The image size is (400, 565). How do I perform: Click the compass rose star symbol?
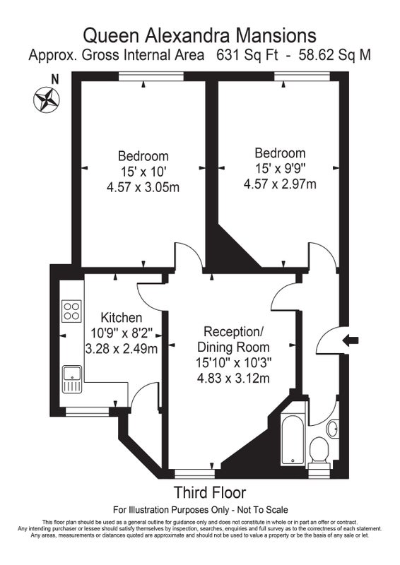pyautogui.click(x=47, y=99)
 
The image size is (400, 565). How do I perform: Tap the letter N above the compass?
pyautogui.click(x=55, y=79)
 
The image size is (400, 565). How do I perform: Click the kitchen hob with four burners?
pyautogui.click(x=72, y=311)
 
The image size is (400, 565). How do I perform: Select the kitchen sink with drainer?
pyautogui.click(x=72, y=379)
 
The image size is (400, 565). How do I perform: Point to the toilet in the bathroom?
pyautogui.click(x=319, y=453)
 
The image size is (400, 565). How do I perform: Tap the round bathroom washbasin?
pyautogui.click(x=333, y=429)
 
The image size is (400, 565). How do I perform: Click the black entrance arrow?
pyautogui.click(x=351, y=340)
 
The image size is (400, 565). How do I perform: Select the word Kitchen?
pyautogui.click(x=121, y=318)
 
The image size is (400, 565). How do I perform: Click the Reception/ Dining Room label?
pyautogui.click(x=233, y=340)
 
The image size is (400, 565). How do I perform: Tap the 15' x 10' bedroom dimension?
pyautogui.click(x=143, y=172)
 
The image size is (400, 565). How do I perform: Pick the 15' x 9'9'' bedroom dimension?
pyautogui.click(x=281, y=168)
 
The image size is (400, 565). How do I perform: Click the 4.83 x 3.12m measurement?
pyautogui.click(x=233, y=379)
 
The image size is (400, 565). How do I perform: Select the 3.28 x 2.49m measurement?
pyautogui.click(x=122, y=349)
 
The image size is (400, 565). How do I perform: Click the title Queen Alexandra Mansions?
pyautogui.click(x=200, y=36)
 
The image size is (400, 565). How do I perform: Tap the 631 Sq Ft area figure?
pyautogui.click(x=247, y=55)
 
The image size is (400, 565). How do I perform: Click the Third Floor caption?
pyautogui.click(x=210, y=492)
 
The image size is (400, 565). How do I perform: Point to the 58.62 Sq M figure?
pyautogui.click(x=335, y=55)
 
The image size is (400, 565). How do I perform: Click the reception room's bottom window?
pyautogui.click(x=195, y=473)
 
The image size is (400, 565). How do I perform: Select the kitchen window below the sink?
pyautogui.click(x=88, y=412)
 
